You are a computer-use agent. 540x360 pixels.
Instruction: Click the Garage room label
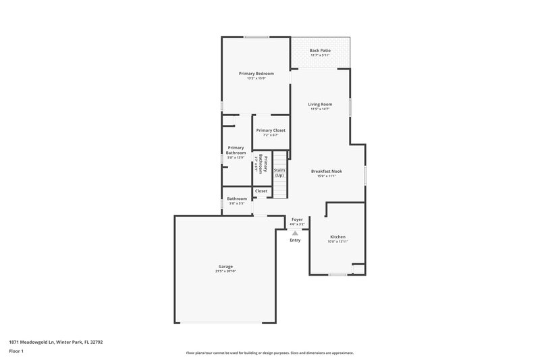click(225, 266)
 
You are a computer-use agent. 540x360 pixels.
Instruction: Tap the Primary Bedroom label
click(255, 72)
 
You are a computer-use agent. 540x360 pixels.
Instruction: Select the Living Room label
click(320, 104)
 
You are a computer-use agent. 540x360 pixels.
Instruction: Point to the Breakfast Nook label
click(327, 172)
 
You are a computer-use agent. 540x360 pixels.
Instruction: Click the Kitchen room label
click(337, 236)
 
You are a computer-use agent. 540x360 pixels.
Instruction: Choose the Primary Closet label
click(271, 130)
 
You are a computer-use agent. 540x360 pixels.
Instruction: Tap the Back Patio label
click(321, 51)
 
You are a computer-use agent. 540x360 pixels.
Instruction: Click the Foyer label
click(297, 220)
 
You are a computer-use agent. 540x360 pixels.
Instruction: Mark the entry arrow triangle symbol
click(295, 232)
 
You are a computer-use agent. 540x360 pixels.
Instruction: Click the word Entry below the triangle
click(295, 240)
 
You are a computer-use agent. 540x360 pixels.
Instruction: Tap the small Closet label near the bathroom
click(261, 191)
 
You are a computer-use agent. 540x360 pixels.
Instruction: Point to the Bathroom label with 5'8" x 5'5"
click(237, 199)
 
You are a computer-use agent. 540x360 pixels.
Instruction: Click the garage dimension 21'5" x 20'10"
click(225, 272)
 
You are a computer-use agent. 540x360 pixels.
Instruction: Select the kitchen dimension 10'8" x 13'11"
click(337, 242)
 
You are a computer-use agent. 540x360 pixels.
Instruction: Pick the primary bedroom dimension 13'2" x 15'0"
click(255, 78)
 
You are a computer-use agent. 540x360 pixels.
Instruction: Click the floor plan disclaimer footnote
click(270, 353)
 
